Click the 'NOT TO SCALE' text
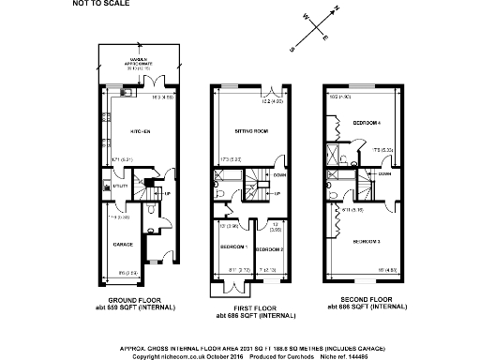click(97, 4)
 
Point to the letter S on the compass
click(293, 48)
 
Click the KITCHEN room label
click(141, 130)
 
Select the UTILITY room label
click(120, 187)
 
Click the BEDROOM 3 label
click(367, 241)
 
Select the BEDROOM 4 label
click(367, 123)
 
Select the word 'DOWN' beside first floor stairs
click(279, 174)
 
